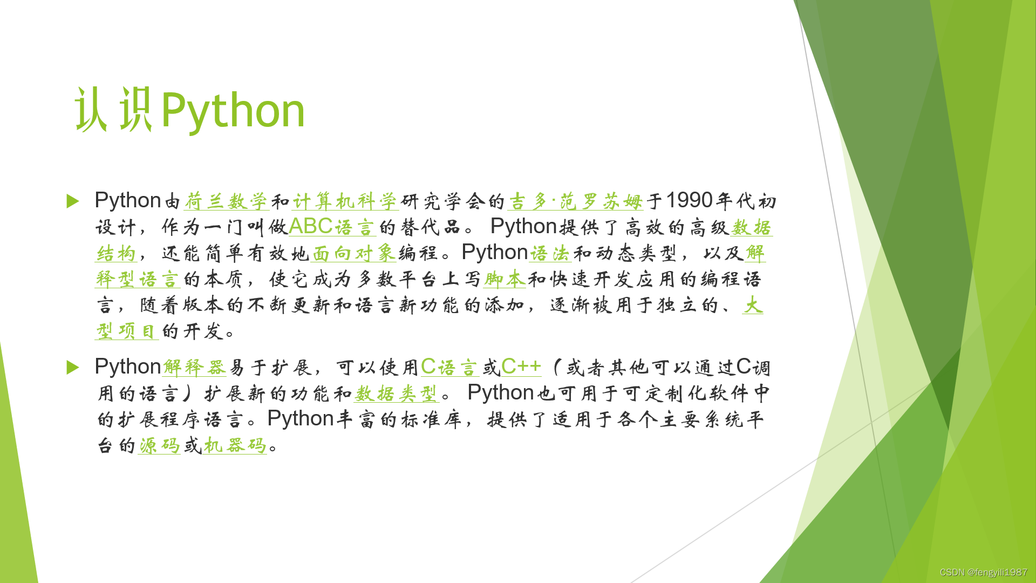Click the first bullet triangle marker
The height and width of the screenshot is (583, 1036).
(73, 201)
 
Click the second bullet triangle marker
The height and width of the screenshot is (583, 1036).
(73, 368)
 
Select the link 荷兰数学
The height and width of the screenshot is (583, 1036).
(226, 201)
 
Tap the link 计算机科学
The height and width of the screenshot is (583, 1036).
(345, 201)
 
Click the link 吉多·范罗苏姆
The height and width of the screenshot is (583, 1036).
(575, 201)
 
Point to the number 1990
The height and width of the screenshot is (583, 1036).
(690, 201)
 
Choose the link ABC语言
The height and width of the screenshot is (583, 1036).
(331, 227)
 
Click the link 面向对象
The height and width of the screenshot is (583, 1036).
(354, 253)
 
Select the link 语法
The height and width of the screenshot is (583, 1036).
(550, 253)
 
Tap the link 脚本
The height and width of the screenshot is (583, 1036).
(504, 279)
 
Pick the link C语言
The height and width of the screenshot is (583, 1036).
(449, 368)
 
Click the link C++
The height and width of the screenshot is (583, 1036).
(521, 367)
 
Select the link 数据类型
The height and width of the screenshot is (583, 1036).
(396, 394)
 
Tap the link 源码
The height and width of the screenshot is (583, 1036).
(159, 445)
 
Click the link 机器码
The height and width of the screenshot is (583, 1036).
(235, 445)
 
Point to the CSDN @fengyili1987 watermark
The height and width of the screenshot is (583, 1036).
(983, 572)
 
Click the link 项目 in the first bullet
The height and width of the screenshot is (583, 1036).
(137, 331)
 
